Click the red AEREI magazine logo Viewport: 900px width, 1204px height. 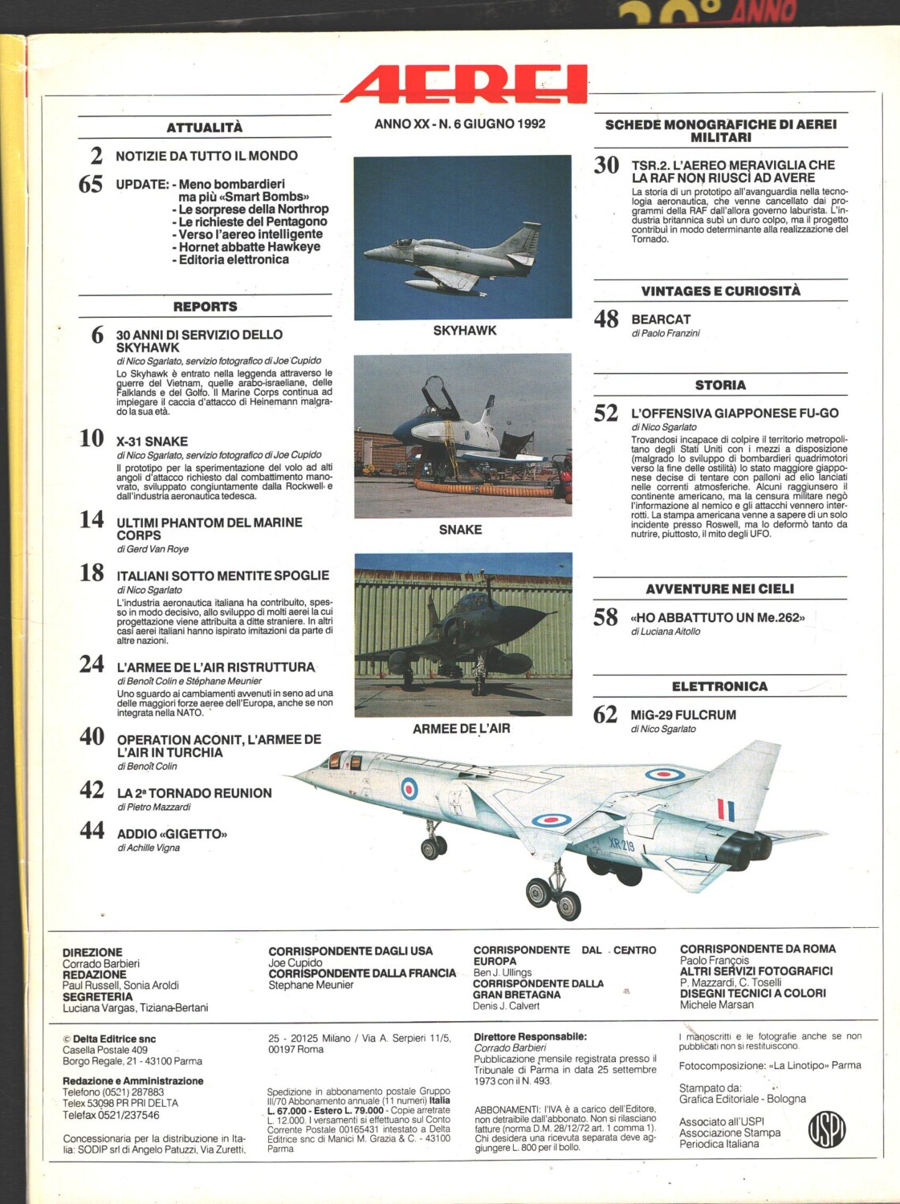pos(464,84)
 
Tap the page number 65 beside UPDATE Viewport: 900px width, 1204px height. pos(91,185)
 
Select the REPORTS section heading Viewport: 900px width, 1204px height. pos(205,307)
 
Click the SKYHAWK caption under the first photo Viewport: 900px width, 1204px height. pos(464,331)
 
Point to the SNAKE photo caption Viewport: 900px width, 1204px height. pos(460,530)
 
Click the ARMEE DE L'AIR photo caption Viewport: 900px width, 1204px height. pos(461,729)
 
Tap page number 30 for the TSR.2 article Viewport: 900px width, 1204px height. pos(606,165)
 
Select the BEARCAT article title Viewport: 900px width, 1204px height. pos(661,319)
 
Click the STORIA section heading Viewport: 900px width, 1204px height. pos(720,385)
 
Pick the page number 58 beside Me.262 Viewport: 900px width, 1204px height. pos(605,617)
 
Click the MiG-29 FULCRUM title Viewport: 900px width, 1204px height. pos(683,715)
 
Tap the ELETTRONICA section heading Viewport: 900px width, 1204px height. pos(719,686)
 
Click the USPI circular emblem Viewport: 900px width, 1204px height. pos(826,1129)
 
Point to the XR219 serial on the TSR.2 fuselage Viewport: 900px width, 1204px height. pos(621,845)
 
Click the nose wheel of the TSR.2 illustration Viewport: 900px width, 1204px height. pos(434,847)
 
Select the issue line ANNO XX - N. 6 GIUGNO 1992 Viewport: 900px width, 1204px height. pos(459,124)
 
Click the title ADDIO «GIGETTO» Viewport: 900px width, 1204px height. pos(172,834)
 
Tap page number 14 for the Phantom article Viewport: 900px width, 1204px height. pos(92,520)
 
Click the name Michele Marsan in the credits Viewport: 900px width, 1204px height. pos(716,1004)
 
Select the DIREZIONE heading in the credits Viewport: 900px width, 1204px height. pos(92,952)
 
